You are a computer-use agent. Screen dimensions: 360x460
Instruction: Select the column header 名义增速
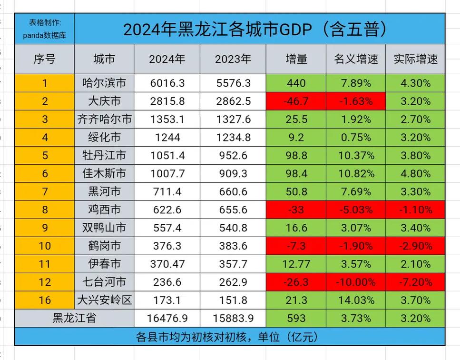(356, 59)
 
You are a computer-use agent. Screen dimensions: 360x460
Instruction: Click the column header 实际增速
(415, 59)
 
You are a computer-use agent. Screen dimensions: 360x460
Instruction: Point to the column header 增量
(296, 59)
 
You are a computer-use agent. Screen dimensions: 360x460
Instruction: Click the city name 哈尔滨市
(104, 83)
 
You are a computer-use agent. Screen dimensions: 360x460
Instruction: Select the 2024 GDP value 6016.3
(167, 83)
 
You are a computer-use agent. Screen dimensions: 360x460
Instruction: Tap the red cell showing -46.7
(296, 101)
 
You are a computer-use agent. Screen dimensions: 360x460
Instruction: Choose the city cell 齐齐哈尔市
(104, 120)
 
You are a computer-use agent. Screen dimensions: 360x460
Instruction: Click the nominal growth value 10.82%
(356, 174)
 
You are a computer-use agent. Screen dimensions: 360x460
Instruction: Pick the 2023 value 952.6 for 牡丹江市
(233, 156)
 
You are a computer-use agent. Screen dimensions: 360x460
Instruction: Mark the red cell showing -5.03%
(356, 210)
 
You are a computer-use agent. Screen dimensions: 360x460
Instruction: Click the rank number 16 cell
(45, 300)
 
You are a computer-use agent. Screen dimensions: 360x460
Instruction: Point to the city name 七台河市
(104, 282)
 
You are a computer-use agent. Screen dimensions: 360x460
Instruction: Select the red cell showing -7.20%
(415, 282)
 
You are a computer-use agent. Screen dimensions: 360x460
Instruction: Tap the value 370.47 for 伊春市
(167, 264)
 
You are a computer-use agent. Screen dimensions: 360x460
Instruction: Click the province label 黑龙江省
(74, 318)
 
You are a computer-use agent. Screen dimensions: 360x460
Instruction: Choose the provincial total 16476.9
(167, 318)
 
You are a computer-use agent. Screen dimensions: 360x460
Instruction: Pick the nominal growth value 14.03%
(356, 300)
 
